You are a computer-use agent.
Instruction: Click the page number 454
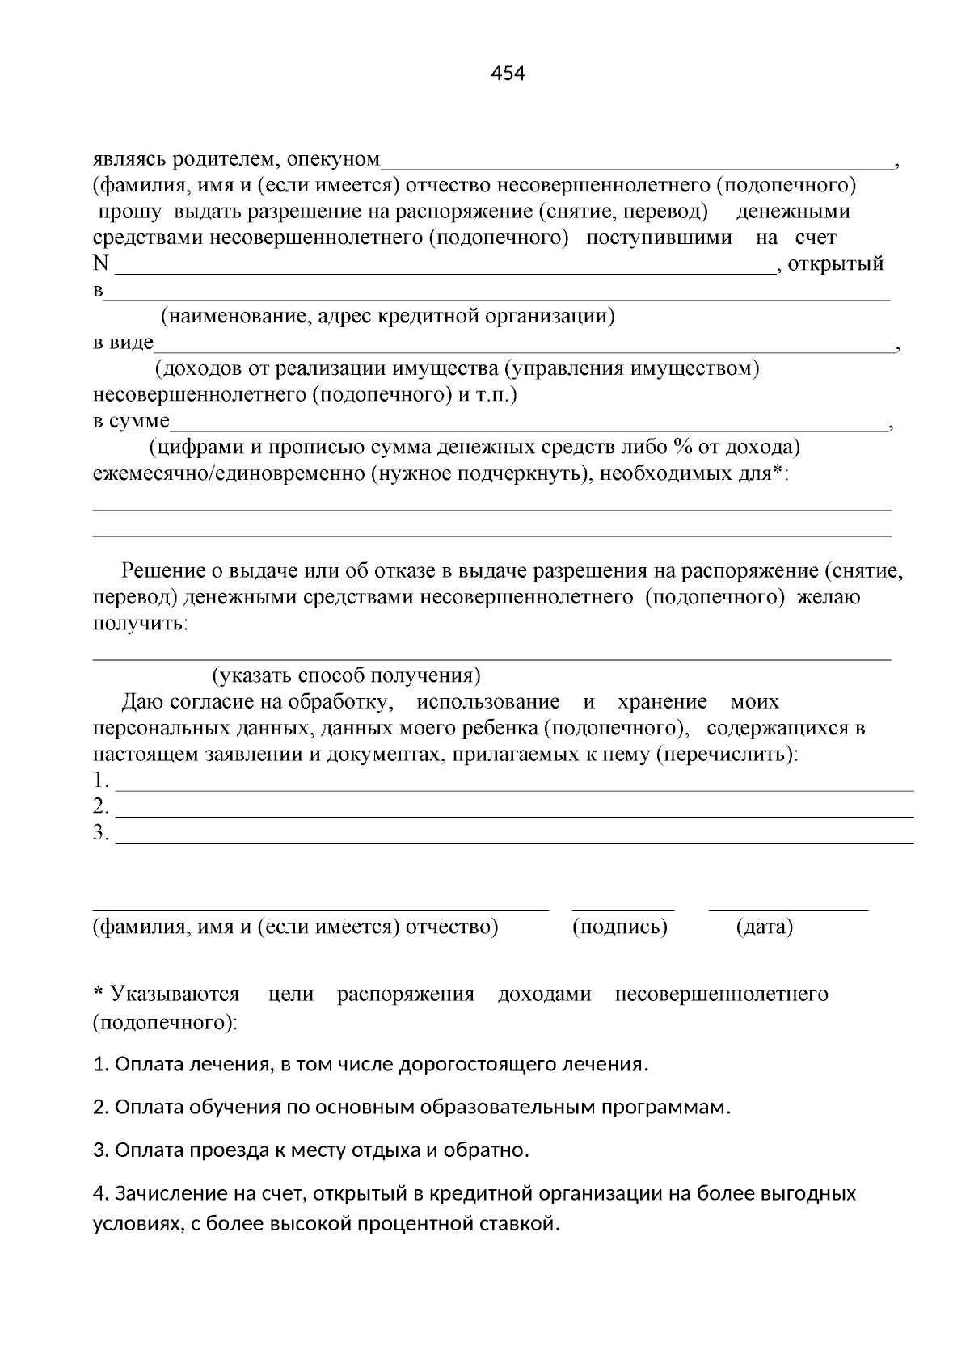click(508, 74)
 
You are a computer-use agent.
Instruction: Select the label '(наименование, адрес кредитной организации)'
click(388, 316)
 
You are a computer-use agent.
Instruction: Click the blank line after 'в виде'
click(524, 351)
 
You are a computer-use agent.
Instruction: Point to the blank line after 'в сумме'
click(529, 429)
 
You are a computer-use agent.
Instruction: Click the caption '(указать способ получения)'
click(346, 675)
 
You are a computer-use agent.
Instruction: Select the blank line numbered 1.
click(514, 789)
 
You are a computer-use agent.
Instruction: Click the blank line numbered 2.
click(514, 815)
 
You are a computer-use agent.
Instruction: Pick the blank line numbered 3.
click(514, 842)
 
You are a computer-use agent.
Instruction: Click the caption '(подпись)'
click(620, 927)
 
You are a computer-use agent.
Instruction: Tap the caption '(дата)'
click(765, 927)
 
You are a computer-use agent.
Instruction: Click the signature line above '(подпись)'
click(622, 910)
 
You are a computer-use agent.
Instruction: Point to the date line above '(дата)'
click(788, 910)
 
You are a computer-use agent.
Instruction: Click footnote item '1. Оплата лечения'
click(371, 1064)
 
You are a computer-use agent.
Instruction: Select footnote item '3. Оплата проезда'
click(311, 1150)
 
